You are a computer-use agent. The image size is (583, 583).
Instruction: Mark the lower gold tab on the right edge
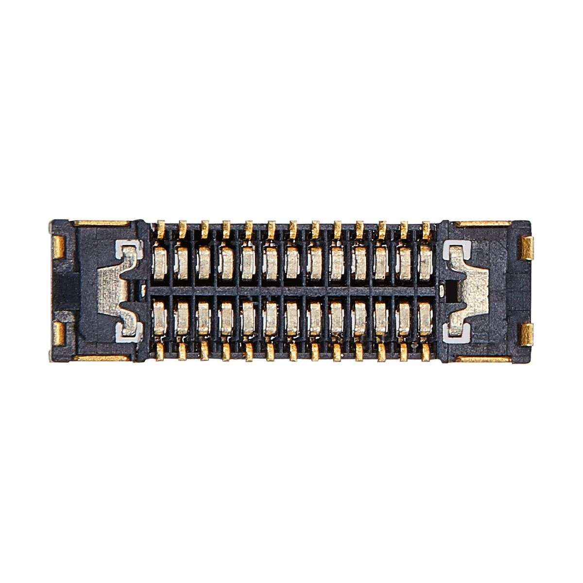pyautogui.click(x=527, y=335)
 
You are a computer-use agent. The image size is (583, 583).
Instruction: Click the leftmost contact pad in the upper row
pyautogui.click(x=160, y=262)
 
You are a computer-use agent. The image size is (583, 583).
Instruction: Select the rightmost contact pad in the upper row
pyautogui.click(x=425, y=262)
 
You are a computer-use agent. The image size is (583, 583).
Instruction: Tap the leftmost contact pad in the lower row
pyautogui.click(x=160, y=319)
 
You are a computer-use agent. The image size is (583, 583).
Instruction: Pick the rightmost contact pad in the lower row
pyautogui.click(x=425, y=319)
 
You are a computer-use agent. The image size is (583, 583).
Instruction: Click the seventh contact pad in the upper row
pyautogui.click(x=292, y=262)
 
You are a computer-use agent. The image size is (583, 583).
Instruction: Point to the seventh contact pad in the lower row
pyautogui.click(x=292, y=319)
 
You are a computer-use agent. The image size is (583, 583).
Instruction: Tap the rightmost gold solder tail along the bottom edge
pyautogui.click(x=427, y=354)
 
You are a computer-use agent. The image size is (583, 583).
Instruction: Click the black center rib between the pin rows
pyautogui.click(x=291, y=291)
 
